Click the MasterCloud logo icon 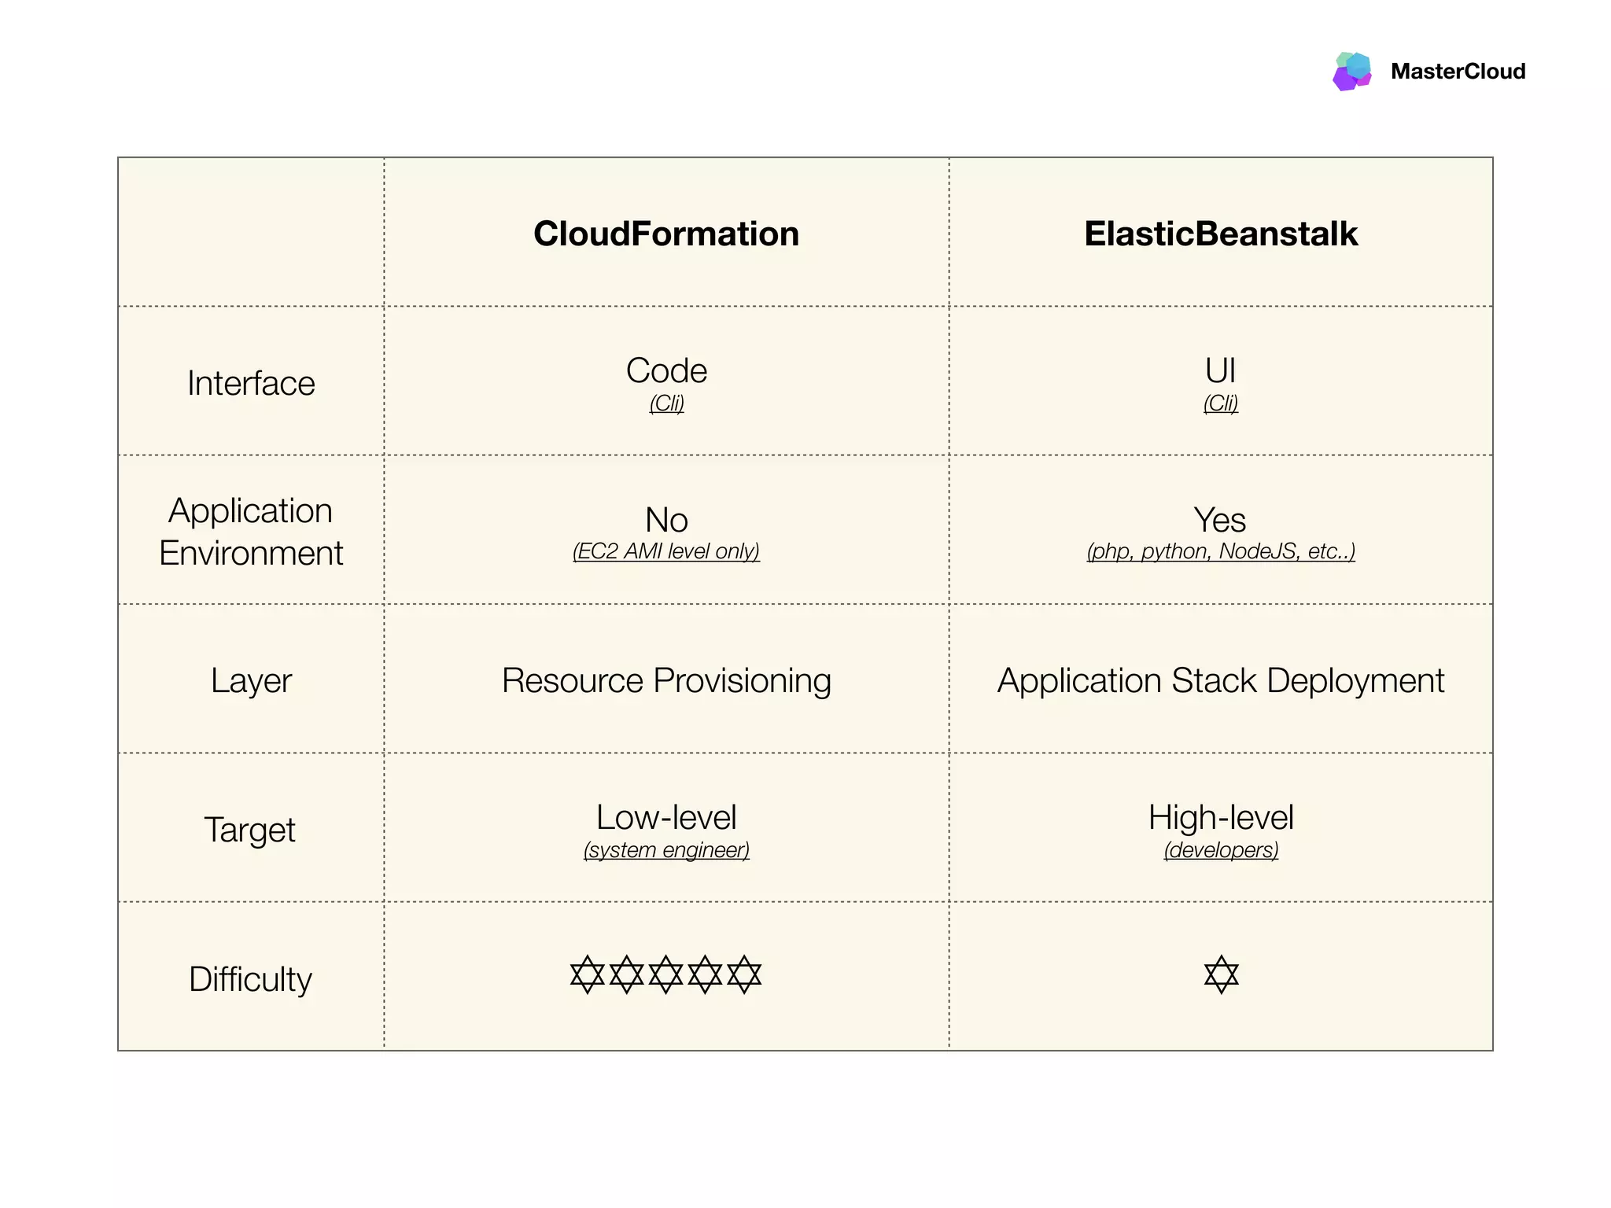click(x=1352, y=71)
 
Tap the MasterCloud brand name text click(x=1458, y=72)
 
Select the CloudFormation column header click(x=666, y=234)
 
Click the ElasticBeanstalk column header click(x=1221, y=234)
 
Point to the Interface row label click(x=251, y=384)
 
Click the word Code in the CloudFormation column click(x=666, y=370)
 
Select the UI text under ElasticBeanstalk click(x=1220, y=370)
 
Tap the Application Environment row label click(x=251, y=532)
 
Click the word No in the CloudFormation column click(x=666, y=520)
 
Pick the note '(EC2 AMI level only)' click(x=666, y=551)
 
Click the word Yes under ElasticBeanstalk click(x=1220, y=520)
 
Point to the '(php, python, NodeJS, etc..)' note click(x=1221, y=551)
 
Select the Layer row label click(x=251, y=680)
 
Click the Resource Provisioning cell click(x=666, y=680)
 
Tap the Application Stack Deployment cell click(x=1221, y=680)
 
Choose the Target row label click(x=250, y=830)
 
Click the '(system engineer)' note click(x=666, y=850)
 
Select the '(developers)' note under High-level click(x=1221, y=850)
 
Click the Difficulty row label click(x=250, y=979)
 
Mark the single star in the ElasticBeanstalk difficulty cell click(x=1221, y=974)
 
